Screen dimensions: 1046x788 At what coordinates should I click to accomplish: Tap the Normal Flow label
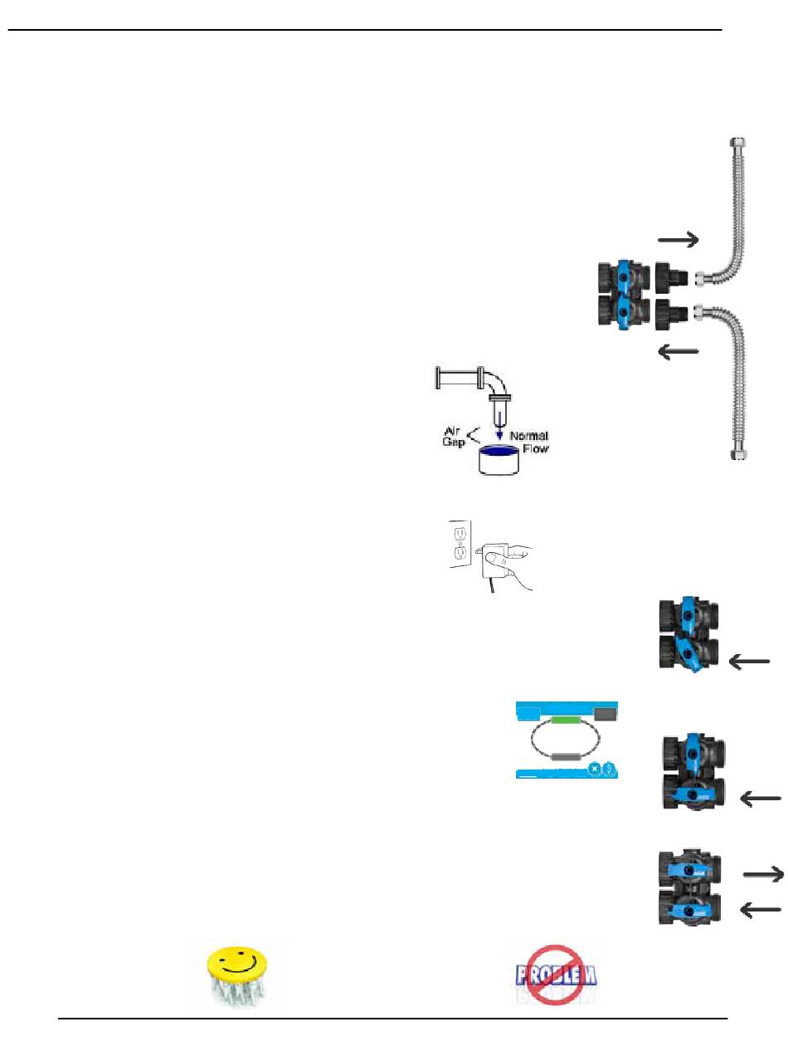click(528, 442)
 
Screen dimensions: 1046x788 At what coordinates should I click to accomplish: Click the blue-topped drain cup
click(500, 458)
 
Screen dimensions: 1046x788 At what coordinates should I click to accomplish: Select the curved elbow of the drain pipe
click(495, 382)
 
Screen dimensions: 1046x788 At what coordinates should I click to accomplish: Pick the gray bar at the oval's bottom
click(566, 756)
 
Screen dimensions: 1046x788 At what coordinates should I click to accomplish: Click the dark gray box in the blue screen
click(606, 712)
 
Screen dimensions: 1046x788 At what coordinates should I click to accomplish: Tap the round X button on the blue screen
click(594, 768)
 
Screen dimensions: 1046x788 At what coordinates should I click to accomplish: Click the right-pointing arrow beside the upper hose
click(679, 241)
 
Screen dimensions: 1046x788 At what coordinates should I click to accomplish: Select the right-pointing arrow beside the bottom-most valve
click(763, 873)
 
